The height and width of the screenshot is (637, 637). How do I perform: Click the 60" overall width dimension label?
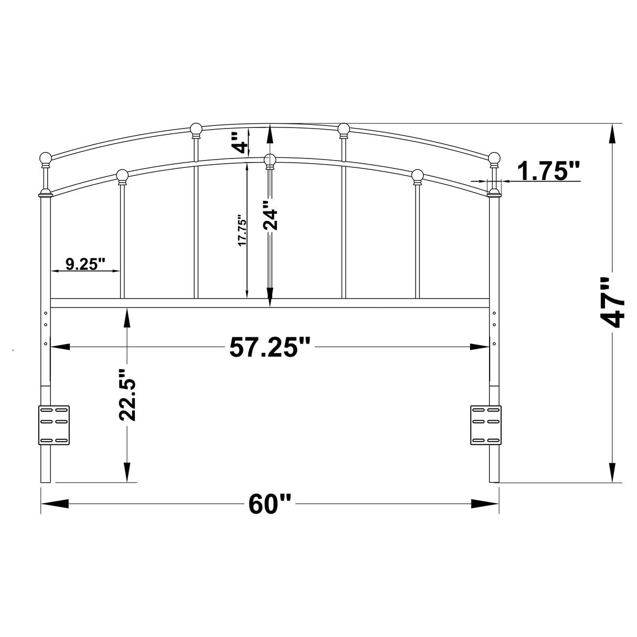[270, 504]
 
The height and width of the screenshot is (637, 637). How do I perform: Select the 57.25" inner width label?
[270, 347]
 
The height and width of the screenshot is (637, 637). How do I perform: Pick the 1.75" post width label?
[548, 171]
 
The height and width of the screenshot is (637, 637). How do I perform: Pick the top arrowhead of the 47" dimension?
[612, 134]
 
